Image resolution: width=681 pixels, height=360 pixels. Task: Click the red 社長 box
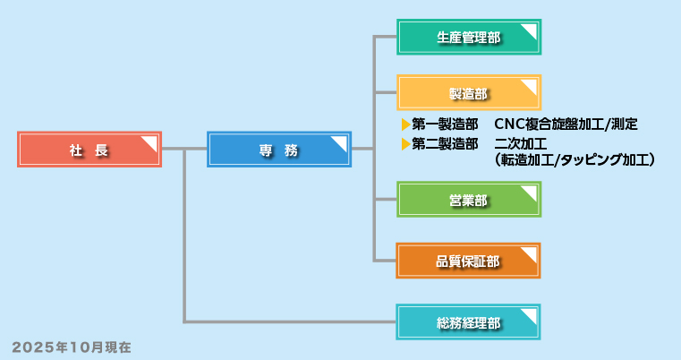89,150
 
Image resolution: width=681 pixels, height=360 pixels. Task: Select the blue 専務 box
278,150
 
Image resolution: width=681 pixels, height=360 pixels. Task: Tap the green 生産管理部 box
468,38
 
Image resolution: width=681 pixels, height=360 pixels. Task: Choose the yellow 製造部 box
468,93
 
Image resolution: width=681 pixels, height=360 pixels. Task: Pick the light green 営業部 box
468,200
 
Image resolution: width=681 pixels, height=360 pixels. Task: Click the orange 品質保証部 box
468,261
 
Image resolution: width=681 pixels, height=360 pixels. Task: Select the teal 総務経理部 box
468,322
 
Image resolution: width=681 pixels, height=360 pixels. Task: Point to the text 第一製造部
445,124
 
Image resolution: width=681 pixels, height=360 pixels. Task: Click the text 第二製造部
445,143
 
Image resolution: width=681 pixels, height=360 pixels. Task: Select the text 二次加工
520,143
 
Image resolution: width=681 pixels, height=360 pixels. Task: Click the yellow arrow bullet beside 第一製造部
405,124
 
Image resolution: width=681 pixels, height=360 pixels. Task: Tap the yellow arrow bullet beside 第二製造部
405,143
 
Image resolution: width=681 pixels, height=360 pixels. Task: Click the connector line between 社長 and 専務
183,149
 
